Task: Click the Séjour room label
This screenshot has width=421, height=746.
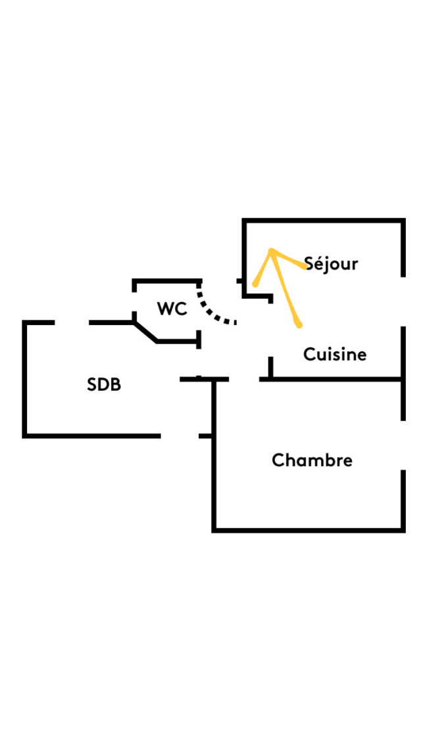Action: [332, 264]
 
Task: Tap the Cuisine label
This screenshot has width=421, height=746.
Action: [335, 355]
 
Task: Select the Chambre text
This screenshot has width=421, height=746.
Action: [312, 460]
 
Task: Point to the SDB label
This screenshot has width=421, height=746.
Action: [104, 385]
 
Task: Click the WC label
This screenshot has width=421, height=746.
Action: [172, 309]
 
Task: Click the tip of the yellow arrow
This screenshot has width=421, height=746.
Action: [271, 251]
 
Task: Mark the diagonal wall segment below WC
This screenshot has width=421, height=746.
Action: [145, 332]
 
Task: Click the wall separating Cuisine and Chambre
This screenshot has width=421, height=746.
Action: [335, 379]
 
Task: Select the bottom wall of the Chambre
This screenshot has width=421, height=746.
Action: [308, 529]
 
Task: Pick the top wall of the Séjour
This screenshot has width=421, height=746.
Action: [322, 221]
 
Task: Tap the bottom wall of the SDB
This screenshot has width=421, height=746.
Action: [92, 435]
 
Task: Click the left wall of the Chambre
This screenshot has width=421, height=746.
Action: [214, 460]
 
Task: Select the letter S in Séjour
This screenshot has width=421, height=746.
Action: [309, 264]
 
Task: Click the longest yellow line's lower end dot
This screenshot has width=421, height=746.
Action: [299, 324]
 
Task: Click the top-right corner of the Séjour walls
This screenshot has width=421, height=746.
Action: [403, 221]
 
